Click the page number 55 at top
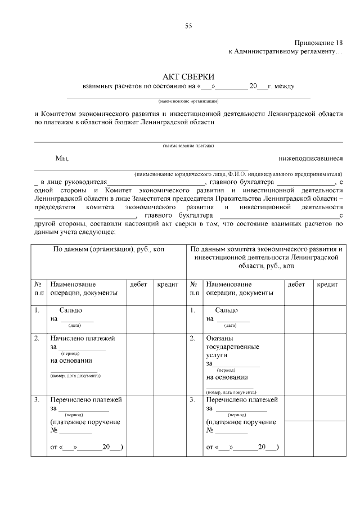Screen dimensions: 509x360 [x=188, y=26]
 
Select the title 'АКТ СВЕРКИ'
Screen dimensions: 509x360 [x=188, y=76]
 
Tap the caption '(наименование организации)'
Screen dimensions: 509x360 [x=188, y=101]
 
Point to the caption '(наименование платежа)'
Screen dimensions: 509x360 [x=188, y=146]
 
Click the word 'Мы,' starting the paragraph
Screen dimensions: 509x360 [x=61, y=159]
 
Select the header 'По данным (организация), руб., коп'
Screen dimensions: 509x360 [x=108, y=249]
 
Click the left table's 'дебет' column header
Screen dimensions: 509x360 [x=138, y=285]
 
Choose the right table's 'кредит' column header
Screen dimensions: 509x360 [x=327, y=285]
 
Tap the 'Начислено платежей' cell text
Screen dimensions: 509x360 [x=83, y=339]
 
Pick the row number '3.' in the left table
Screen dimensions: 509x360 [x=37, y=400]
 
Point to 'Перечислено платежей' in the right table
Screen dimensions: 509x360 [x=242, y=400]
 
